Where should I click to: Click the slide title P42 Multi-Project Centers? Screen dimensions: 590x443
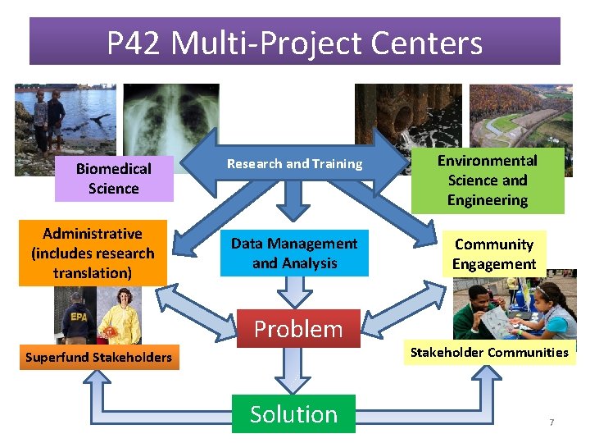click(294, 42)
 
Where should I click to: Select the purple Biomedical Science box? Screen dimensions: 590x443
click(114, 178)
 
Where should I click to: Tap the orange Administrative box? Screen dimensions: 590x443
click(93, 253)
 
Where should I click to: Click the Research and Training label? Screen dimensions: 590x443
click(294, 163)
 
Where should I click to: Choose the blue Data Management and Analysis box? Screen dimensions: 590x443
click(294, 253)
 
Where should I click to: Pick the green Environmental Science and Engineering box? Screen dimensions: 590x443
click(487, 180)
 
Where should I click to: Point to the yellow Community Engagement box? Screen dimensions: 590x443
click(494, 254)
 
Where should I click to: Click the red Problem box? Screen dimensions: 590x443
click(298, 329)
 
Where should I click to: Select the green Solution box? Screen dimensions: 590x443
click(293, 414)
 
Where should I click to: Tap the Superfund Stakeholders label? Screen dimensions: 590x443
click(98, 357)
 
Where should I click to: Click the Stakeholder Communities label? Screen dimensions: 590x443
click(489, 353)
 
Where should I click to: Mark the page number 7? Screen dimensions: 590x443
click(551, 422)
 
